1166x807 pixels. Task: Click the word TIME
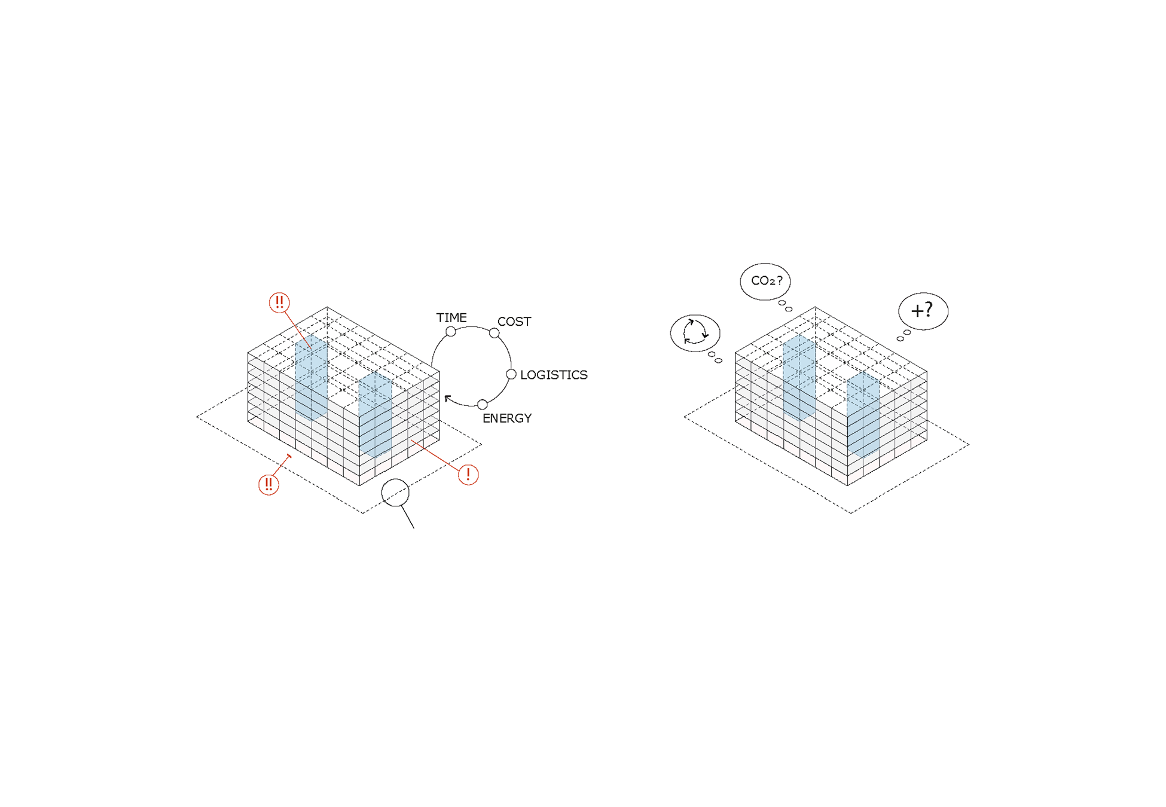451,317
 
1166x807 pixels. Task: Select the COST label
514,322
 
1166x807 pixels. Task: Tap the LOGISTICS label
554,375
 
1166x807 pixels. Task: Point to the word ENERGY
507,418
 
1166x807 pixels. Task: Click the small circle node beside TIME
451,332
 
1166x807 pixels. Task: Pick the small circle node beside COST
495,333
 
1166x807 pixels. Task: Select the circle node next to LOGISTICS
511,375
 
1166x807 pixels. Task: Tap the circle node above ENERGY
483,405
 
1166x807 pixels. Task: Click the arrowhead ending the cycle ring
447,398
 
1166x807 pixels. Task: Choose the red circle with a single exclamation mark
468,475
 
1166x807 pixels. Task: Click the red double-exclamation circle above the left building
279,302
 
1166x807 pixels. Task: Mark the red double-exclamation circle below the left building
268,484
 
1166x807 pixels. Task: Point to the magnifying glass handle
407,517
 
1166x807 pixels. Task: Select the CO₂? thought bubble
765,281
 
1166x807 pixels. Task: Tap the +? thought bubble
923,311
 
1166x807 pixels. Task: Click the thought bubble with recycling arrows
695,333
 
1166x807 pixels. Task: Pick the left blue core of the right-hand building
799,378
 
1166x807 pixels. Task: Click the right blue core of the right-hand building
863,415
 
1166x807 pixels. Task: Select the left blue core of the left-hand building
311,378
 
